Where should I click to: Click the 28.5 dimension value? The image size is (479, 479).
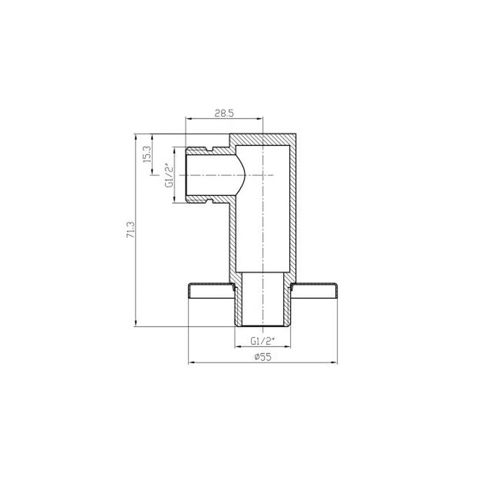(224, 113)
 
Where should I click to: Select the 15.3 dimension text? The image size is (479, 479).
(147, 154)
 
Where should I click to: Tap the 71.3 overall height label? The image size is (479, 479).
(131, 230)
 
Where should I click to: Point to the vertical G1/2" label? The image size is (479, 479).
(169, 176)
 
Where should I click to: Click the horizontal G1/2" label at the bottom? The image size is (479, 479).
(262, 341)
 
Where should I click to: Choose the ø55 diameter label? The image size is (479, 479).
(263, 357)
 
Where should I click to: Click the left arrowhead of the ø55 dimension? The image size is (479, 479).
(191, 363)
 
